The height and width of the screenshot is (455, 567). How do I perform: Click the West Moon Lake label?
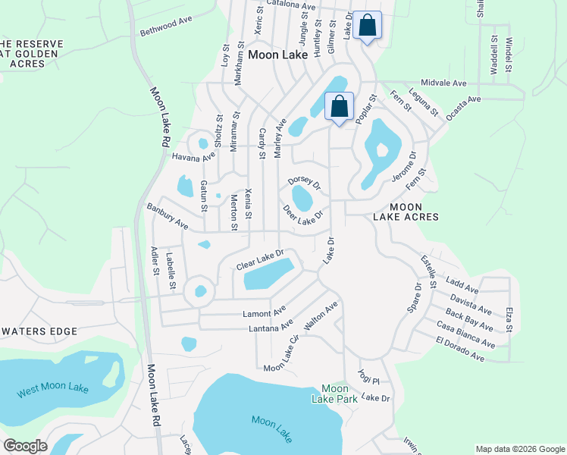tap(53, 390)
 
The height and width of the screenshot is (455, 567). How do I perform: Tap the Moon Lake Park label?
tap(334, 393)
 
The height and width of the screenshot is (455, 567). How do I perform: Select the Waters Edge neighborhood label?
tap(39, 331)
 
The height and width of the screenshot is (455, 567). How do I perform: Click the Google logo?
tap(25, 445)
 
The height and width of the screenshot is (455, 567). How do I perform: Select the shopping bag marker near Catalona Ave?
tap(367, 26)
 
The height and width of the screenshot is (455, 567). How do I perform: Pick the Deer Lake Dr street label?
tap(303, 215)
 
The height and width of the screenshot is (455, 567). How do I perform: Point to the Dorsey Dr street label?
tap(304, 182)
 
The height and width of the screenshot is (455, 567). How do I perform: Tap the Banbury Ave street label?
tap(167, 215)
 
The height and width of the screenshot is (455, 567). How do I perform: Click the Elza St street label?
tap(509, 319)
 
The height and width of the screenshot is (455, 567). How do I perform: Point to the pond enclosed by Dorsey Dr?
tap(302, 199)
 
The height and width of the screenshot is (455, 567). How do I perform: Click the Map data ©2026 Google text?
tap(519, 449)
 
